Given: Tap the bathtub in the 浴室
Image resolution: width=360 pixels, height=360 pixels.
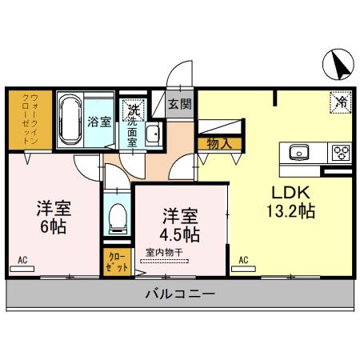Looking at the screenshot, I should point(70,119).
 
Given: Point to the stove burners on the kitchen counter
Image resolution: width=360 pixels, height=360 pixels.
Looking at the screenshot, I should point(340,152).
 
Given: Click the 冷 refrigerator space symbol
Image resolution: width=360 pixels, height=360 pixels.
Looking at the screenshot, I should point(339,102).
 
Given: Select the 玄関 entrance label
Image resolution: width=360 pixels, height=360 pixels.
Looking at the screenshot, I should point(180,103).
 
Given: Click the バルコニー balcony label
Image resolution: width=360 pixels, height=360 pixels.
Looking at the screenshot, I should point(180,294).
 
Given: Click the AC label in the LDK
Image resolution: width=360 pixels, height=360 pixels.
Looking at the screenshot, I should point(242,259).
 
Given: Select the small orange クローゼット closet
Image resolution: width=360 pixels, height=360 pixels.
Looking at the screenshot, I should point(117,262).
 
